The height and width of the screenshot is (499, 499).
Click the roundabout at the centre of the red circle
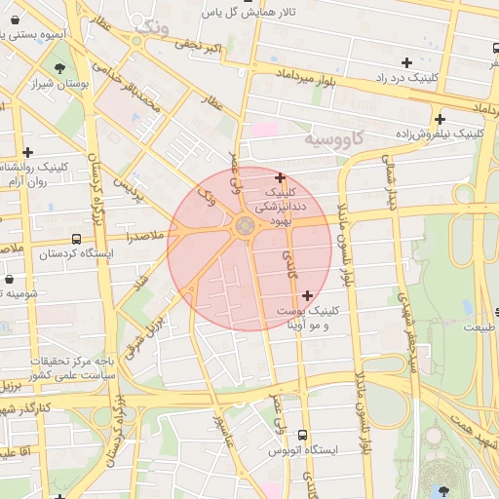244,228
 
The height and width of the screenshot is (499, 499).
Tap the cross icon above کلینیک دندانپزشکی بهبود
281,178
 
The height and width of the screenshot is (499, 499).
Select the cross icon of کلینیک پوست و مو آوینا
308,295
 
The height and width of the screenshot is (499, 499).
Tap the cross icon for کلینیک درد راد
406,62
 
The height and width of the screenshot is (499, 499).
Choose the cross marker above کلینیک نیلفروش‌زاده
441,118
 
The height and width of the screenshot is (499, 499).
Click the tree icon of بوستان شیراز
61,67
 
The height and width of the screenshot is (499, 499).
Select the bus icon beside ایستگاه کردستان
76,239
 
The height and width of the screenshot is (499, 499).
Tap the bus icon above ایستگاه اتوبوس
302,435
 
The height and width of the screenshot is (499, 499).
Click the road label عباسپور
222,435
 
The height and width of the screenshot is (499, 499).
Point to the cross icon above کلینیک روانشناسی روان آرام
27,152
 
